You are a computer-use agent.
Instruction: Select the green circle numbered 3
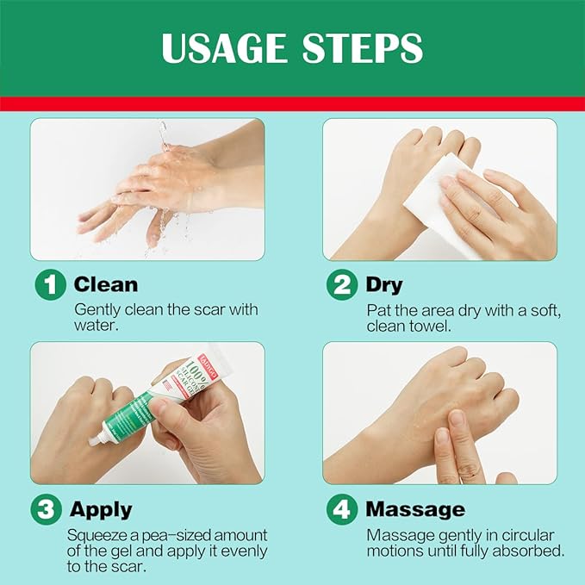pyautogui.click(x=47, y=509)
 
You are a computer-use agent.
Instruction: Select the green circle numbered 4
pyautogui.click(x=341, y=509)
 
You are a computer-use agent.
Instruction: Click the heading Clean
pyautogui.click(x=105, y=285)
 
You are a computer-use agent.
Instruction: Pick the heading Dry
pyautogui.click(x=384, y=285)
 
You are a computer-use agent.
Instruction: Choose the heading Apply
pyautogui.click(x=101, y=509)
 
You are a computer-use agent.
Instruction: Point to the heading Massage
pyautogui.click(x=414, y=509)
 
